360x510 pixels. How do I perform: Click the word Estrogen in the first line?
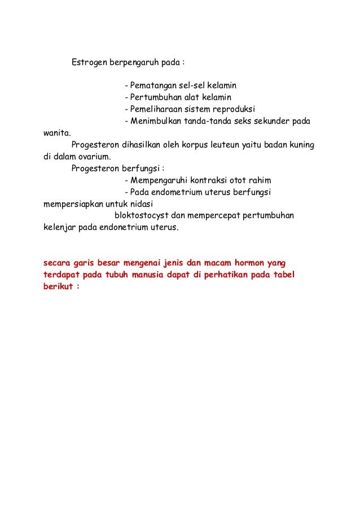click(x=89, y=62)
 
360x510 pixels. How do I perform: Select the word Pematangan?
click(x=150, y=86)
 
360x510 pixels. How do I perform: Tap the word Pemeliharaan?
click(x=154, y=110)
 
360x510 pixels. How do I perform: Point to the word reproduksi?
click(x=234, y=110)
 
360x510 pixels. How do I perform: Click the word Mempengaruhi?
click(x=157, y=181)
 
